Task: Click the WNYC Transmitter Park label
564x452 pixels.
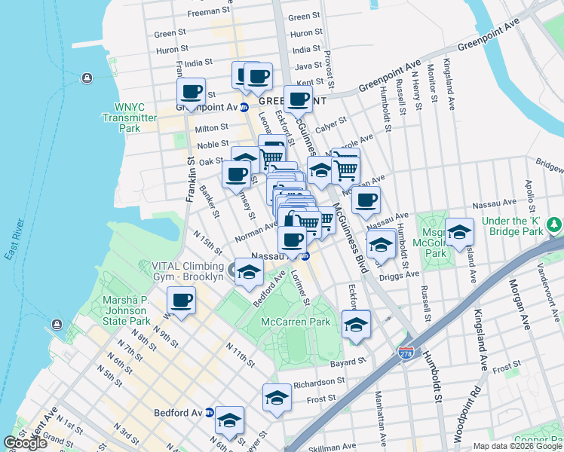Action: point(129,118)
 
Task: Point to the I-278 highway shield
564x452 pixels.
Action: point(406,352)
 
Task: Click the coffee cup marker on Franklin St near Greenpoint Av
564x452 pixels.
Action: point(192,93)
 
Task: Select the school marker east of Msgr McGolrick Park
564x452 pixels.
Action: point(458,233)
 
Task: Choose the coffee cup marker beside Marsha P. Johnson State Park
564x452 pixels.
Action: point(181,300)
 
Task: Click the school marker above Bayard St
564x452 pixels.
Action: point(356,325)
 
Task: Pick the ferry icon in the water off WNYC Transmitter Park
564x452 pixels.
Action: point(87,78)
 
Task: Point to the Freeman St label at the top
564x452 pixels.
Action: point(208,11)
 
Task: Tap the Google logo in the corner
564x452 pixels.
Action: point(26,443)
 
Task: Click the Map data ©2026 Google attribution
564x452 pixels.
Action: point(517,446)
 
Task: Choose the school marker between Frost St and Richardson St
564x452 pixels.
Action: point(277,398)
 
